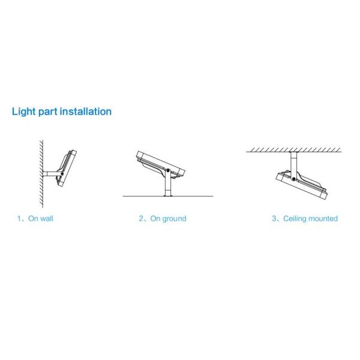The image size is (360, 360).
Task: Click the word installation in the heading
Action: point(86,112)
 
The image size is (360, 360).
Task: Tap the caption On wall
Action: point(41,218)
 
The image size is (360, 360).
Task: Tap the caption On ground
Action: point(168,218)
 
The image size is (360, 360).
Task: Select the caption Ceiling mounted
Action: point(310,218)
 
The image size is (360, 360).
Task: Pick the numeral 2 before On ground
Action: point(142,218)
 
